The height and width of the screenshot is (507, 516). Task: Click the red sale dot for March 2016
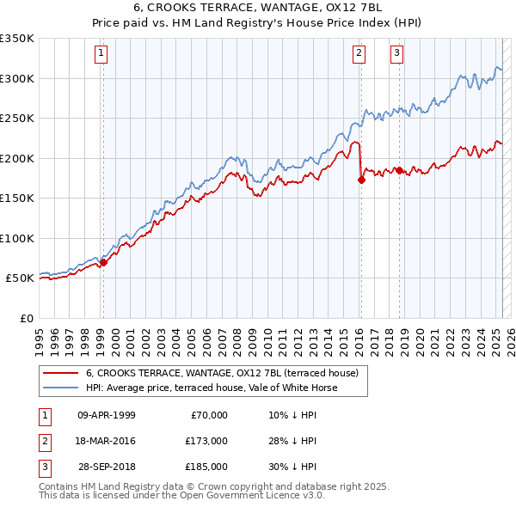coord(361,180)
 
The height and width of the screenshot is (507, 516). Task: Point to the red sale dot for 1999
coord(103,262)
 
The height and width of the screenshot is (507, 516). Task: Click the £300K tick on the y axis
coord(17,78)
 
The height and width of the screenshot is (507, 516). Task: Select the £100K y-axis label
coord(17,238)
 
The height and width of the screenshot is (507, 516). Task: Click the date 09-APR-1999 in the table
coord(107,415)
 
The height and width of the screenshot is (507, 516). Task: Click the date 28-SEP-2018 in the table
coord(107,467)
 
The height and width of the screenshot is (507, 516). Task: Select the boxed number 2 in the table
coord(43,441)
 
